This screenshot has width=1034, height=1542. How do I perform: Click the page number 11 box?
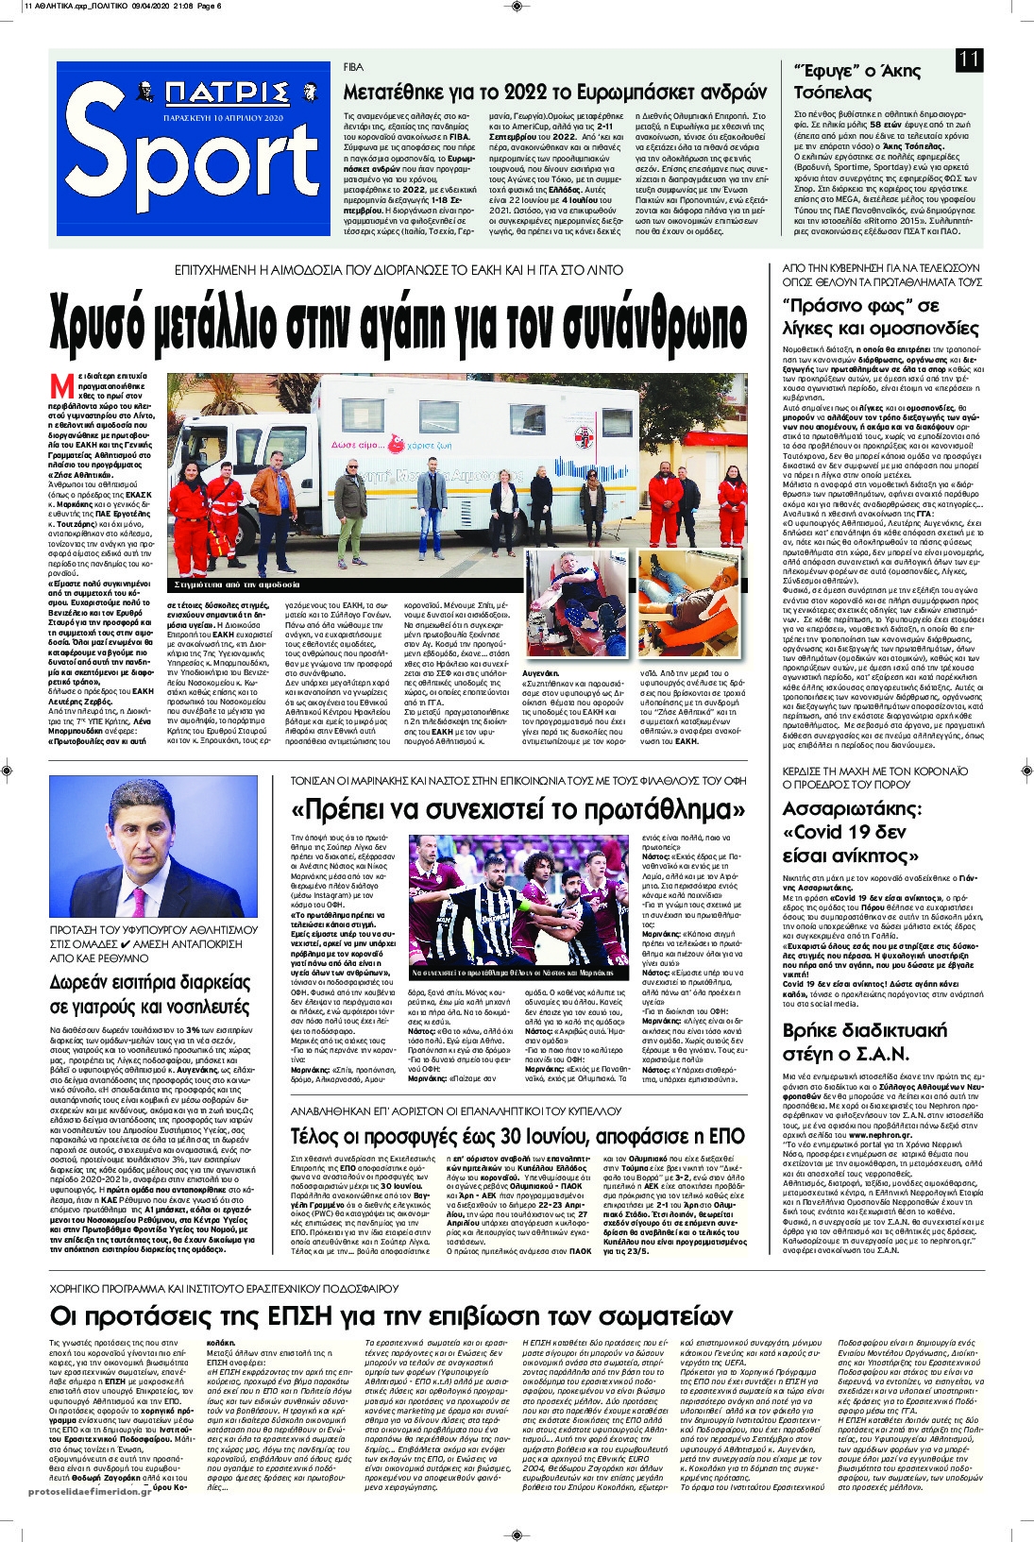[969, 59]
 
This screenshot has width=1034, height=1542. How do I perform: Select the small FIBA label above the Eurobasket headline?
[353, 68]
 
